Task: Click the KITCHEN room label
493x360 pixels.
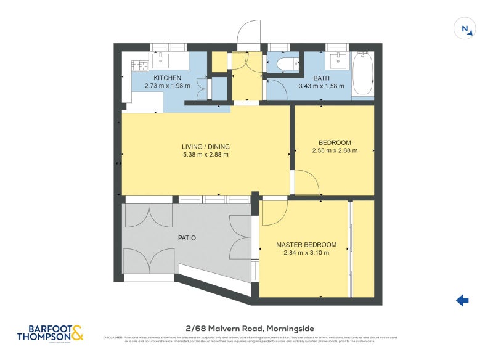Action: (x=167, y=78)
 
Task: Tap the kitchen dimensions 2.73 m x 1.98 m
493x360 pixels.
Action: (x=167, y=86)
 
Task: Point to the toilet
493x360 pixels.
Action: (x=286, y=63)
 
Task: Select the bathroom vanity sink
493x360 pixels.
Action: (x=336, y=60)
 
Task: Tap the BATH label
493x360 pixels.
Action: (x=321, y=78)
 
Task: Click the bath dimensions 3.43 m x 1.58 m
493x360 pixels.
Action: (x=321, y=86)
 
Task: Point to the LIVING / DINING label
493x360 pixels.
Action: (x=205, y=146)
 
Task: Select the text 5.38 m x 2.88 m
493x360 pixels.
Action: (x=205, y=155)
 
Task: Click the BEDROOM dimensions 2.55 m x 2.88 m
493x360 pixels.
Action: (x=335, y=150)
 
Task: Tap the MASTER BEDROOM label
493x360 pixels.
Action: (x=306, y=245)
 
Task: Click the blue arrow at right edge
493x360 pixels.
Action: (x=462, y=300)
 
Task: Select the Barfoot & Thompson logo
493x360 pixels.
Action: (x=51, y=333)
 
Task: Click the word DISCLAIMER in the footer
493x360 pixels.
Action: (x=112, y=337)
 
